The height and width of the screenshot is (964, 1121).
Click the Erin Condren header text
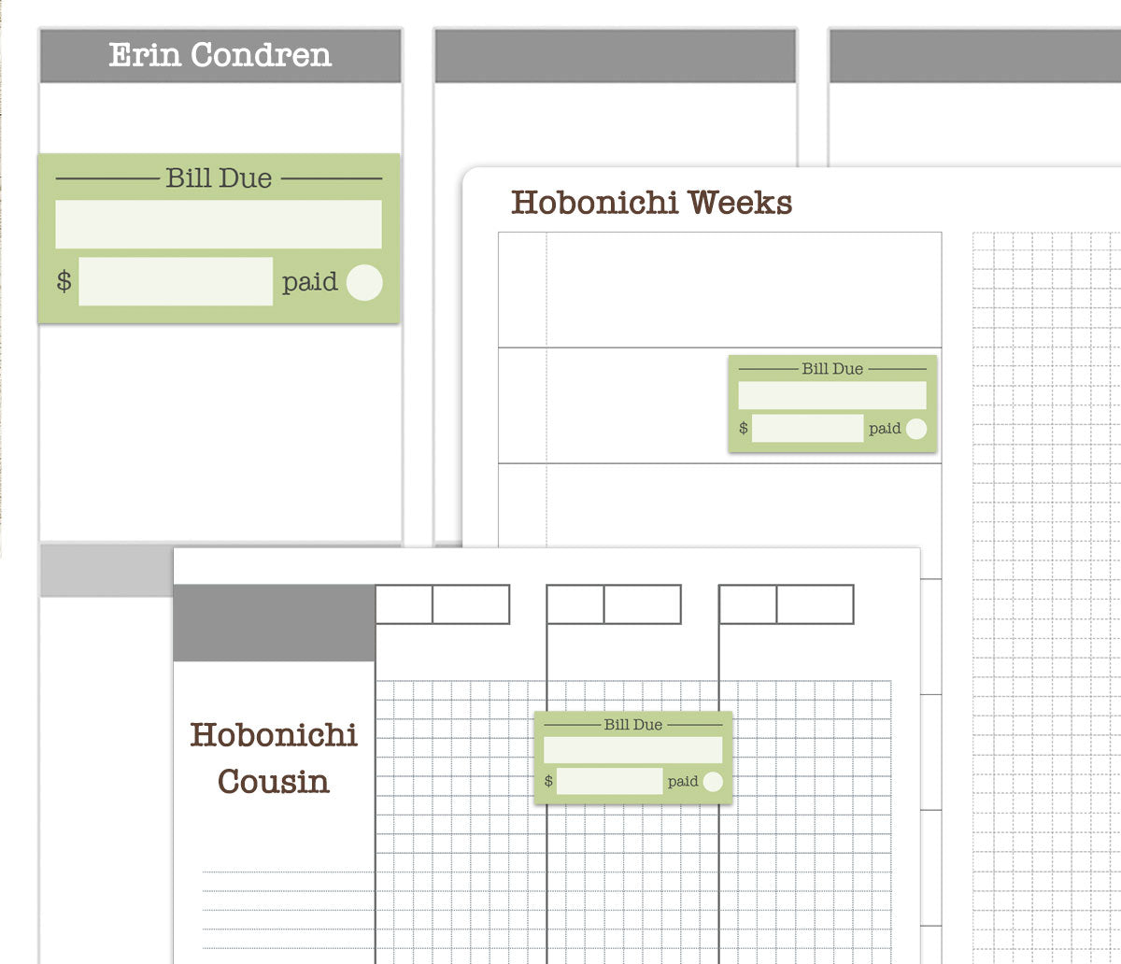pyautogui.click(x=220, y=55)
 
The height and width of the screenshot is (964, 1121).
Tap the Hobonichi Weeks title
pyautogui.click(x=651, y=202)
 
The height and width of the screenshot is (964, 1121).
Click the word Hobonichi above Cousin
pyautogui.click(x=274, y=735)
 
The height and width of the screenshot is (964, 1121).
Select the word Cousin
pyautogui.click(x=274, y=781)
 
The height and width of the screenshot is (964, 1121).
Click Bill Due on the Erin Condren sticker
pyautogui.click(x=219, y=177)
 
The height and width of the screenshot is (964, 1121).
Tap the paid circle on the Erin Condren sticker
pyautogui.click(x=364, y=282)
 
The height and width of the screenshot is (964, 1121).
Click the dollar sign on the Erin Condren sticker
pyautogui.click(x=64, y=281)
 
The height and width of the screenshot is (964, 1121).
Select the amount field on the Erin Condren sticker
pyautogui.click(x=176, y=281)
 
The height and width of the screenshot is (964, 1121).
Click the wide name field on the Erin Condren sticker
pyautogui.click(x=219, y=224)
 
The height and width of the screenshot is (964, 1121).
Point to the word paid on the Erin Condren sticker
pyautogui.click(x=309, y=282)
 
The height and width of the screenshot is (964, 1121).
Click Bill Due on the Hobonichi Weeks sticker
pyautogui.click(x=832, y=369)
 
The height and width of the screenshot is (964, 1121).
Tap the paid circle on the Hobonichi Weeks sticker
pyautogui.click(x=916, y=429)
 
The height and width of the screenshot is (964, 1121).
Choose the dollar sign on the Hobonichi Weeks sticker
pyautogui.click(x=744, y=429)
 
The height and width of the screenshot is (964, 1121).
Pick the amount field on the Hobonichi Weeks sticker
pyautogui.click(x=807, y=428)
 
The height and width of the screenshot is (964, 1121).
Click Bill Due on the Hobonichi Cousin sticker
pyautogui.click(x=633, y=724)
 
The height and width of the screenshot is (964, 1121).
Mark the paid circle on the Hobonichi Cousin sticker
pyautogui.click(x=713, y=782)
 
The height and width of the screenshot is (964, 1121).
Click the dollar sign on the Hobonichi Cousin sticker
pyautogui.click(x=548, y=781)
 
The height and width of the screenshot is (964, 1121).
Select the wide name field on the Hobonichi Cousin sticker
pyautogui.click(x=633, y=750)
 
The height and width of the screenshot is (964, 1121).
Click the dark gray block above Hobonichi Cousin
pyautogui.click(x=275, y=622)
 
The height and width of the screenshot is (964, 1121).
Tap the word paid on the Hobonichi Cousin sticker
pyautogui.click(x=683, y=781)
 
